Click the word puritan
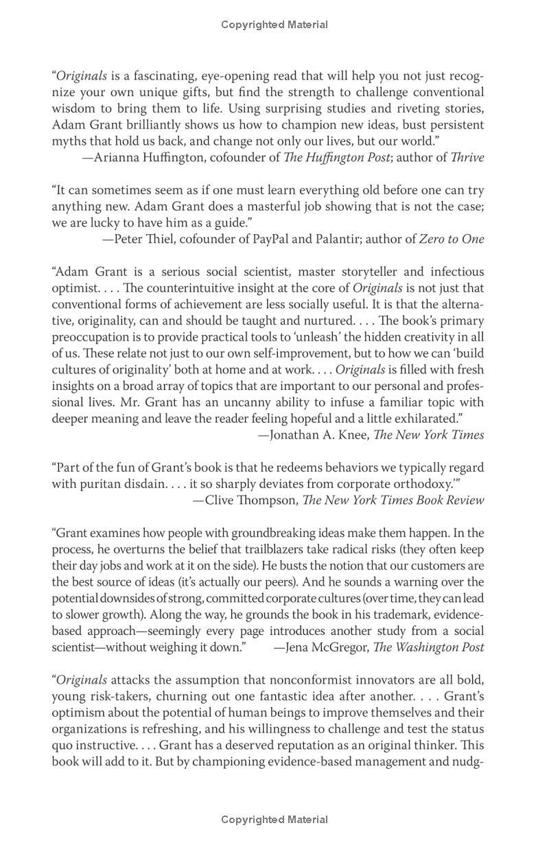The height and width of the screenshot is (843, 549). click(x=101, y=483)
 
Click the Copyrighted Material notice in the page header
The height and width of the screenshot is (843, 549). click(x=274, y=25)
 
